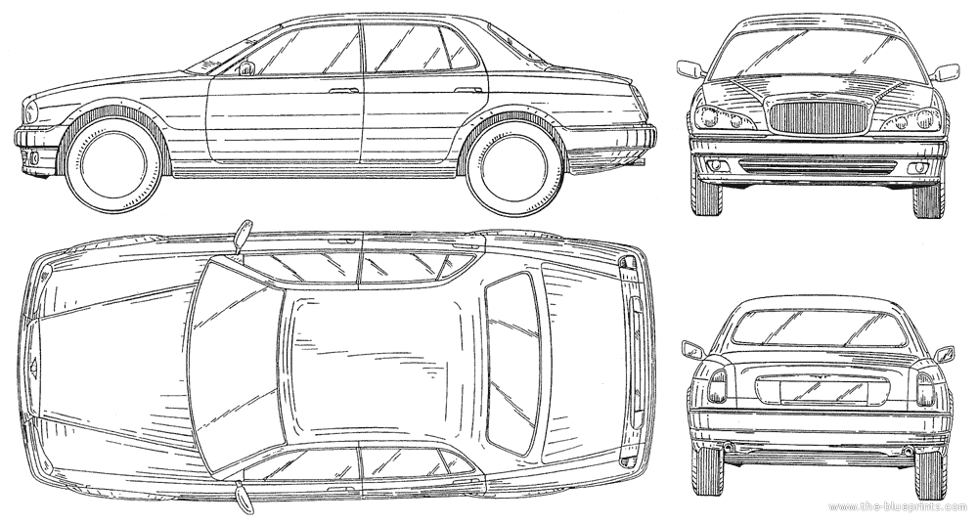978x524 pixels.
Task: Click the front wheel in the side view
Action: (x=113, y=164)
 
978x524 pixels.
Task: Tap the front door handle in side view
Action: (x=343, y=91)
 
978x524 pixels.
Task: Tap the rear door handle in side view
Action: (x=469, y=91)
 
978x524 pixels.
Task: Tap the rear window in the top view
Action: (x=513, y=364)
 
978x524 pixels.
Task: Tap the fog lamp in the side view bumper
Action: (x=33, y=157)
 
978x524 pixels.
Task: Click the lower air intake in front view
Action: (x=818, y=166)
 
